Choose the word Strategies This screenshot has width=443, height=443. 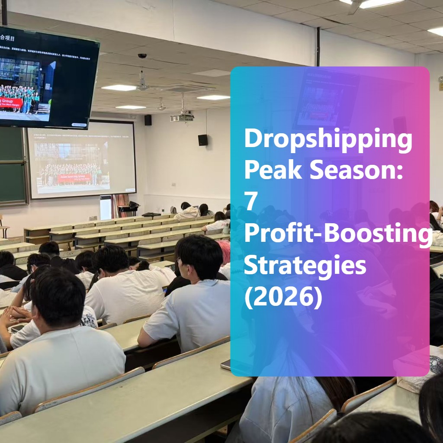click(x=305, y=266)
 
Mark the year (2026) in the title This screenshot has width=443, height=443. click(x=283, y=298)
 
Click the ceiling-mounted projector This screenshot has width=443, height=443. click(x=182, y=117)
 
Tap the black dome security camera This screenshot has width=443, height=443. click(x=142, y=56)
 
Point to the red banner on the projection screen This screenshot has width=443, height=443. click(x=74, y=178)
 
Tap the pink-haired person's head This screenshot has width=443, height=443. click(x=224, y=251)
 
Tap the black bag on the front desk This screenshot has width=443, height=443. click(x=151, y=214)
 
